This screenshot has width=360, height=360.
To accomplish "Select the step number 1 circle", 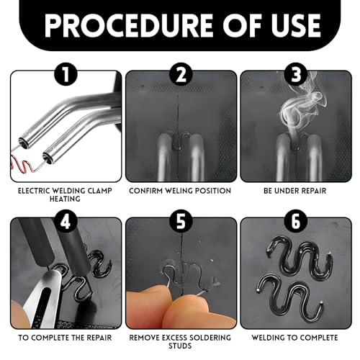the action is click(66, 74).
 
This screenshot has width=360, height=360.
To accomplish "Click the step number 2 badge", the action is click(181, 74).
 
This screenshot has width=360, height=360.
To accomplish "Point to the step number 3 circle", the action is click(296, 74).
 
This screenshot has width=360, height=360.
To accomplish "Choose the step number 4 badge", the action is click(66, 221).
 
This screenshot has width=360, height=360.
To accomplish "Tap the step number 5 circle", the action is click(181, 221).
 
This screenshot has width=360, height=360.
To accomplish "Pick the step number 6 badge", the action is click(296, 221).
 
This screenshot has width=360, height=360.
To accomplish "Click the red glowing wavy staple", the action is click(24, 165).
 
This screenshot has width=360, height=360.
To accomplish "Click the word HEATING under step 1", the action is click(65, 199).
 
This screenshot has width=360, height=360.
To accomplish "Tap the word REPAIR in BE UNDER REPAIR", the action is click(314, 191).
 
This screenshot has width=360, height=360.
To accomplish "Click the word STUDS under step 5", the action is click(180, 346).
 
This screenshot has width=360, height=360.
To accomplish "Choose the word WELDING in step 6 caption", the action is click(267, 338).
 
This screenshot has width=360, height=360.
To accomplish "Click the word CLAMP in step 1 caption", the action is click(100, 191).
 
